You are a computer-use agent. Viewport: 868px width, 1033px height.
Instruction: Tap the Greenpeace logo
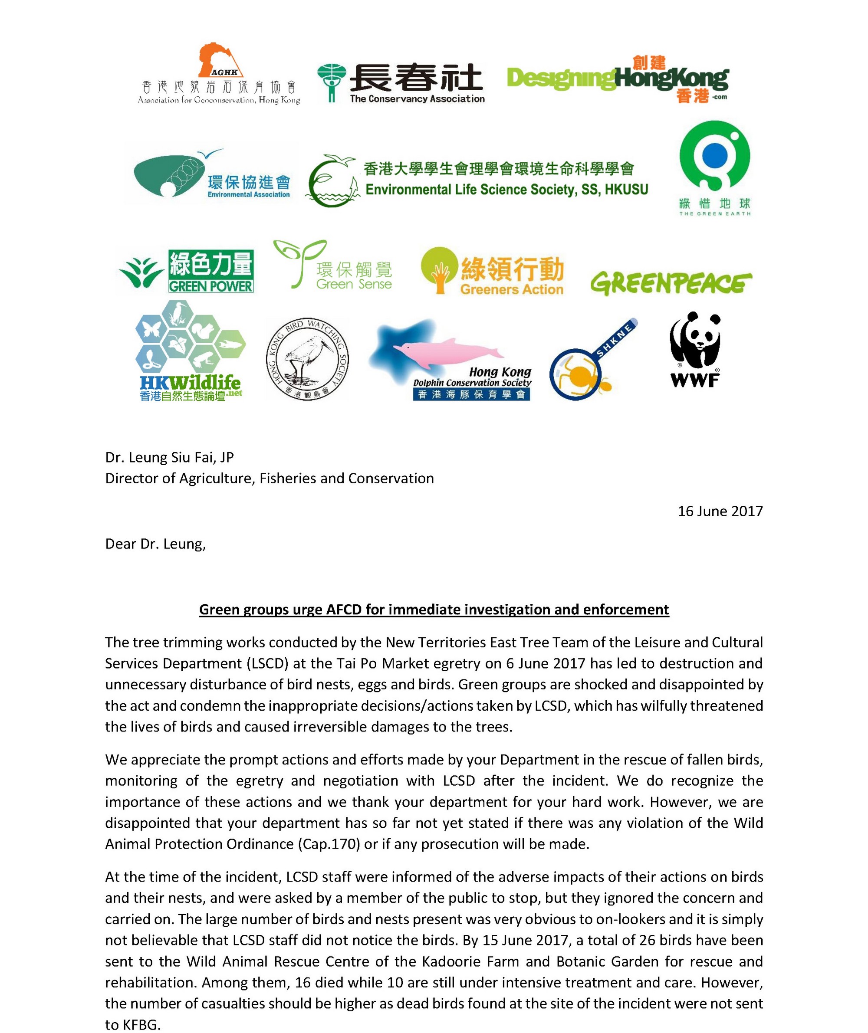[x=671, y=283]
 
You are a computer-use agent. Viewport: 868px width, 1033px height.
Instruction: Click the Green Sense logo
[x=333, y=266]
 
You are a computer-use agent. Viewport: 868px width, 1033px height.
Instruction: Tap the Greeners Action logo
[x=492, y=272]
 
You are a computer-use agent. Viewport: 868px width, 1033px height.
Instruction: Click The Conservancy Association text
[x=417, y=99]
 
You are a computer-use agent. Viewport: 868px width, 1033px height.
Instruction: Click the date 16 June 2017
[x=720, y=512]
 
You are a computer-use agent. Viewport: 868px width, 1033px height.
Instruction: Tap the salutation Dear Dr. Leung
[x=155, y=544]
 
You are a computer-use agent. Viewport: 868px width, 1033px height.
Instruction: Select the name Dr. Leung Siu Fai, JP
[x=169, y=457]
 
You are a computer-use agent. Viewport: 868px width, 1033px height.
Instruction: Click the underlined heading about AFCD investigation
[x=434, y=610]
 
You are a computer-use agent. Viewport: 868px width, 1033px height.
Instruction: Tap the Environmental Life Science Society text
[x=506, y=190]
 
